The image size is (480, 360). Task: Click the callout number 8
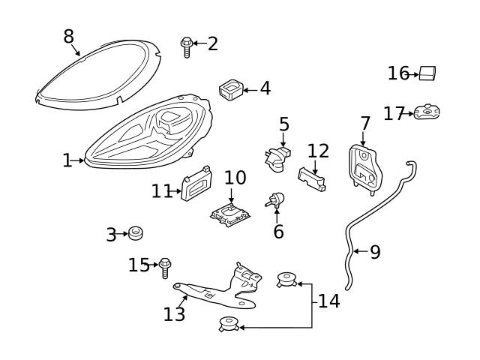68,35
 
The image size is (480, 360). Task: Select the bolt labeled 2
186,46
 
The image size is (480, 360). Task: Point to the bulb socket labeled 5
275,156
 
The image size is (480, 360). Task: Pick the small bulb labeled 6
275,200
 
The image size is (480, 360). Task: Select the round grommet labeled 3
136,233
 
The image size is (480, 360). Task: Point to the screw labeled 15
166,266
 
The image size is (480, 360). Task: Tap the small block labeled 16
428,73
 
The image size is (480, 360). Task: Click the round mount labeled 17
427,112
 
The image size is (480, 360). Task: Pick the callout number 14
328,301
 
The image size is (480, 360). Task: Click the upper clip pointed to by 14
287,282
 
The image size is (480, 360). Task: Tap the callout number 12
318,151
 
